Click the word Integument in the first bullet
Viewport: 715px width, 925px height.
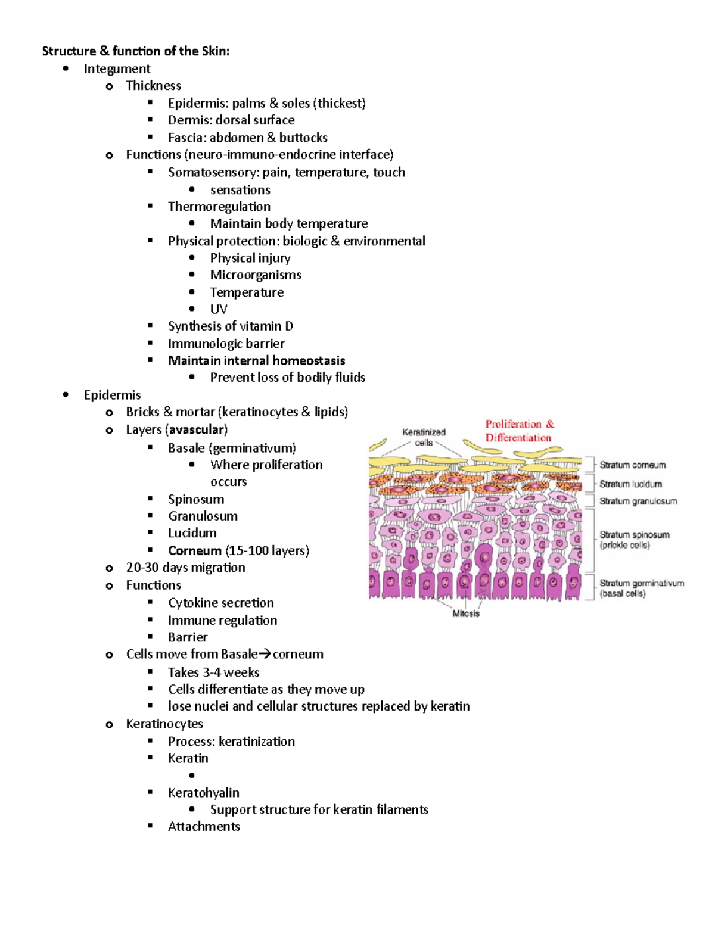(117, 68)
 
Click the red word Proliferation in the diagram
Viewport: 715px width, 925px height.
(513, 424)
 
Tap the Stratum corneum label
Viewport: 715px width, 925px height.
(632, 465)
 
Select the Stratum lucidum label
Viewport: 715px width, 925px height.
(630, 484)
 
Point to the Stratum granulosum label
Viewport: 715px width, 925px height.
(638, 502)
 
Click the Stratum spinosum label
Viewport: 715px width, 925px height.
(634, 535)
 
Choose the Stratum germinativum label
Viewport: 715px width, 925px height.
(641, 583)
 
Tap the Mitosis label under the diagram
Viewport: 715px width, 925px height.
(466, 613)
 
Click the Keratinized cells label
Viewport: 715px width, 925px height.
(424, 437)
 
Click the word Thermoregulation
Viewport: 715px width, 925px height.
(219, 207)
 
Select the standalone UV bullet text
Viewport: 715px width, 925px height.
(218, 309)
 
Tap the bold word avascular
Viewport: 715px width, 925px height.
(197, 429)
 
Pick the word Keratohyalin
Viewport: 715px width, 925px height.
(203, 793)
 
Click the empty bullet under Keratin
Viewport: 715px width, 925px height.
(191, 775)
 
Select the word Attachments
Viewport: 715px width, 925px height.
(204, 827)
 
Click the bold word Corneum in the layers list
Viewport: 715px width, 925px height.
(194, 550)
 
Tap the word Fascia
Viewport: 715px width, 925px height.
(186, 138)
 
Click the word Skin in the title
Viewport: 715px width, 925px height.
(214, 51)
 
